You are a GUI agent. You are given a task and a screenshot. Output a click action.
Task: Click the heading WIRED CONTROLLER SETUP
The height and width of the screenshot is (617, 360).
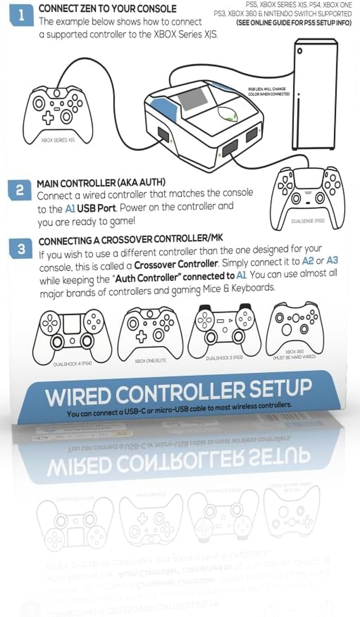pyautogui.click(x=178, y=393)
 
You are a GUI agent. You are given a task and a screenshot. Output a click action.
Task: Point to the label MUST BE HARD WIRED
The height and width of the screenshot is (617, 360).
pyautogui.click(x=294, y=357)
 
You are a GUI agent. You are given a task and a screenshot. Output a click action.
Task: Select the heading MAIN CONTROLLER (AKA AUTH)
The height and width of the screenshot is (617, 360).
pyautogui.click(x=101, y=183)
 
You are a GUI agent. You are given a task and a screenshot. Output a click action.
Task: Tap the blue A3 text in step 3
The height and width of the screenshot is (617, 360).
pyautogui.click(x=332, y=260)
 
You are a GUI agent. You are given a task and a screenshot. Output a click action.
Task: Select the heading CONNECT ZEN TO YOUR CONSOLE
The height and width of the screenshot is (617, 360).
pyautogui.click(x=108, y=9)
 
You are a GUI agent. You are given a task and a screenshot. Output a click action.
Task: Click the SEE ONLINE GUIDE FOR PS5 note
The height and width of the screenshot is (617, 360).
pyautogui.click(x=294, y=22)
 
